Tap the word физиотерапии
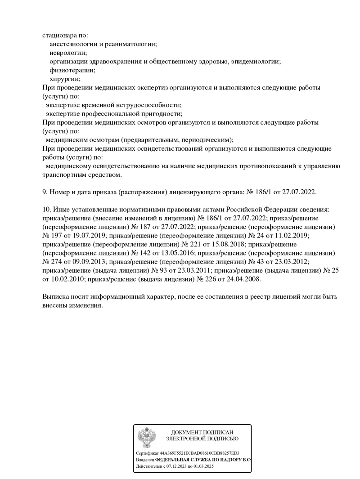point(72,70)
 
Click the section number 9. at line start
point(45,192)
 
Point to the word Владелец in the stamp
point(144,460)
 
